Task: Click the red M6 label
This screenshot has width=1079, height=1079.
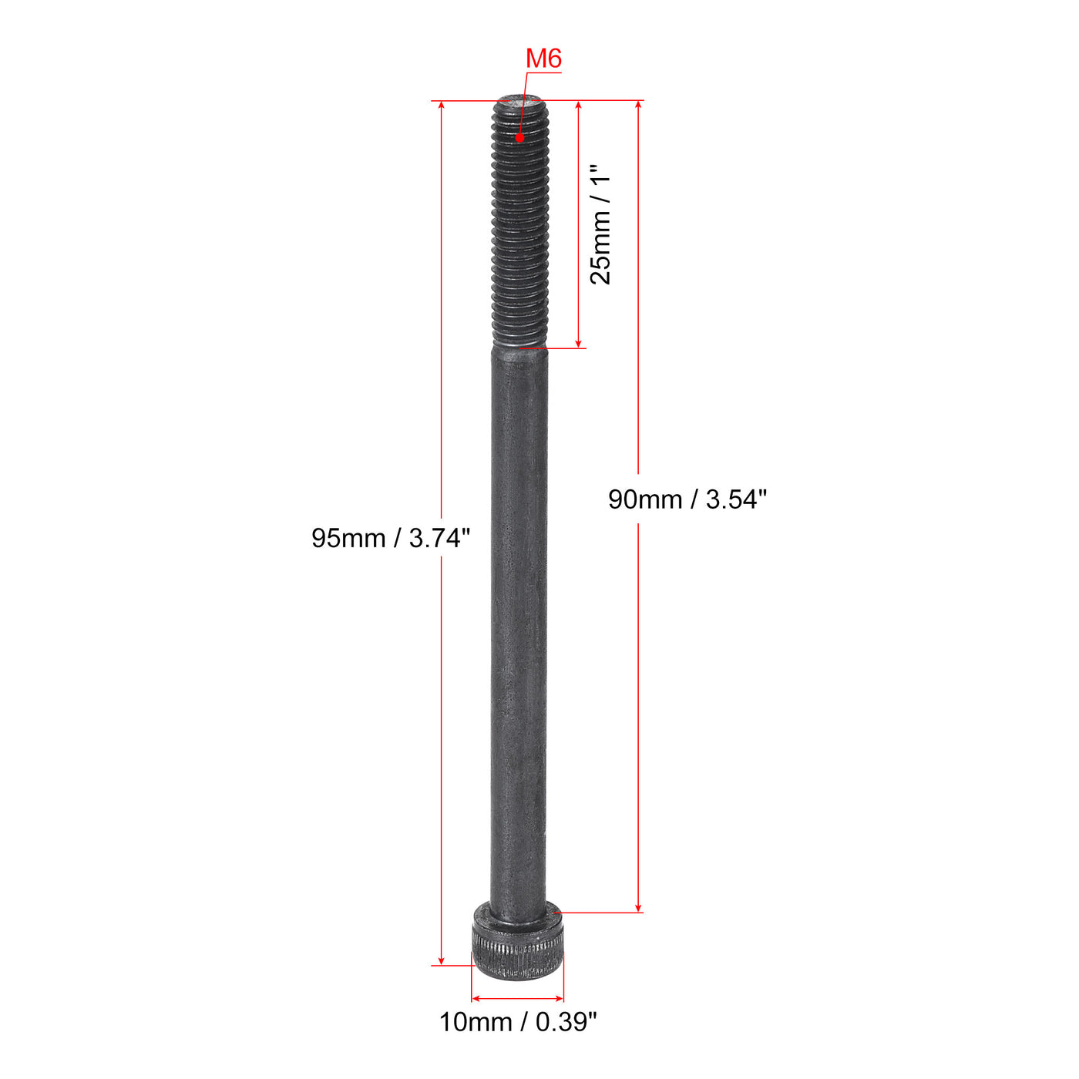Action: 543,59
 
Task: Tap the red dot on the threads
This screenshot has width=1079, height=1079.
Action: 520,137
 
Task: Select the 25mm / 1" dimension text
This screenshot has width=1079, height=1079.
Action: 601,224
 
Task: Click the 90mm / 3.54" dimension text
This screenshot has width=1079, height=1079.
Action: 687,499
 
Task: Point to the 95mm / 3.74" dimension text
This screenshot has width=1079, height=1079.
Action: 391,538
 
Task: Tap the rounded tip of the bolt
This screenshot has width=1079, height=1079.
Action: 520,101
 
